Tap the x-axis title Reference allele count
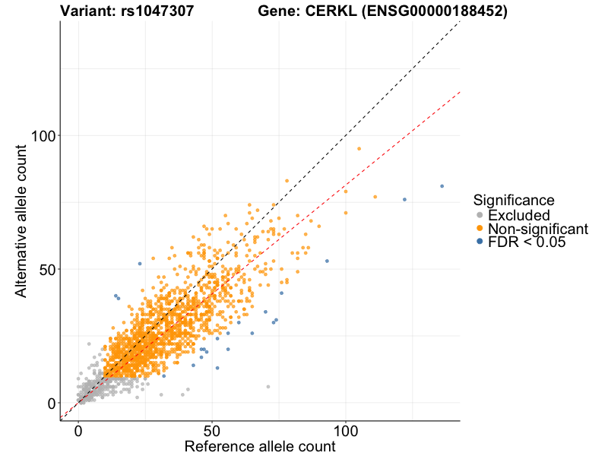pos(259,446)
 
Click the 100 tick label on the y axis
pos(40,135)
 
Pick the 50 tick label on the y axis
pos(45,269)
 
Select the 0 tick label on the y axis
pos(49,403)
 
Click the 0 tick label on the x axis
pos(78,431)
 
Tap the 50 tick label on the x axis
pos(212,431)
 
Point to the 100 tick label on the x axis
pos(346,431)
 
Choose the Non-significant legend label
pos(538,229)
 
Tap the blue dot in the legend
pos(479,242)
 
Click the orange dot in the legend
pos(479,228)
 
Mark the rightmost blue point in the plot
pos(442,186)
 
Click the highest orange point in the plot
pos(359,149)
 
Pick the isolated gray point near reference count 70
pos(268,387)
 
